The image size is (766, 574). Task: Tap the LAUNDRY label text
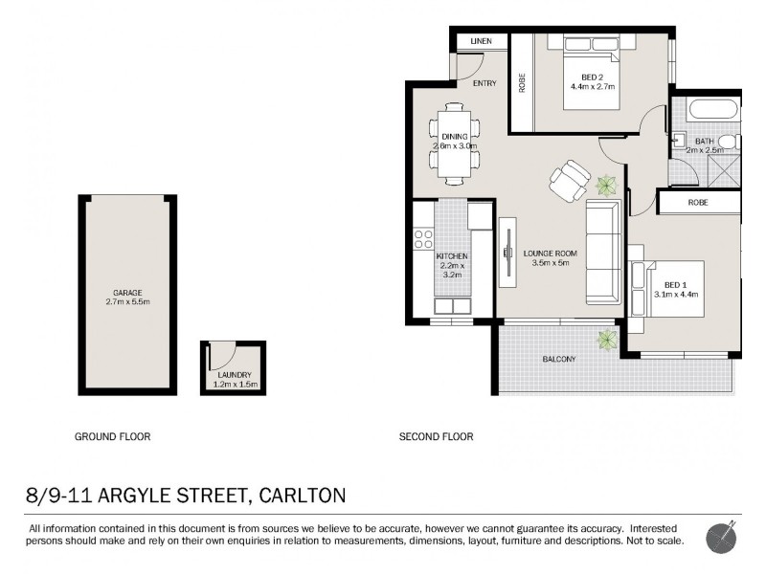[235, 374]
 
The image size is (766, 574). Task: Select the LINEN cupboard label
[481, 42]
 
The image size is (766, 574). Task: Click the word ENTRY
[484, 83]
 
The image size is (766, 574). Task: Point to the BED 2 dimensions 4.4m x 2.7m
[592, 87]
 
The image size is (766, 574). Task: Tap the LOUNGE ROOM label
[547, 253]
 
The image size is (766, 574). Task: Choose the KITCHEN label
[452, 257]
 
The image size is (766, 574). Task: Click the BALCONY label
[559, 359]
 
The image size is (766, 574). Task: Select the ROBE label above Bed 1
[698, 203]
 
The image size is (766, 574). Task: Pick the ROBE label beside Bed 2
[522, 83]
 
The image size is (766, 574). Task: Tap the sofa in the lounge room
[604, 252]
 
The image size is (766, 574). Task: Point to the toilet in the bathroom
[727, 143]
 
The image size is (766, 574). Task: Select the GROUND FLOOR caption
[113, 436]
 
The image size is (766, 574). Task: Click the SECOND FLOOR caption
[436, 436]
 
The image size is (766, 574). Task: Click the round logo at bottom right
[721, 537]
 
